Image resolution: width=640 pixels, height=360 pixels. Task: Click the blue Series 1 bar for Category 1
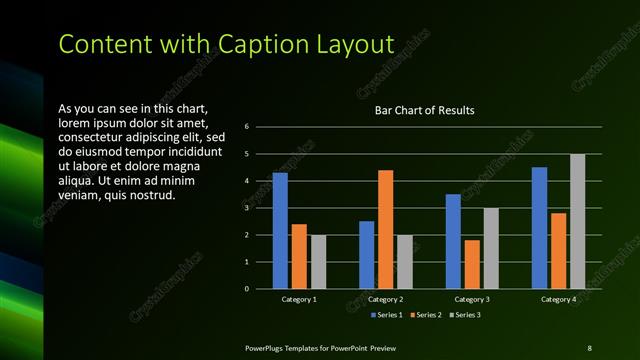coord(280,231)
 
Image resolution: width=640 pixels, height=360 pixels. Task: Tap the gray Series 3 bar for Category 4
coord(577,221)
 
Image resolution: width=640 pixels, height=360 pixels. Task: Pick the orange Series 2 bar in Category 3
coord(472,264)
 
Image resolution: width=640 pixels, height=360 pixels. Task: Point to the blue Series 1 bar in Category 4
coord(539,228)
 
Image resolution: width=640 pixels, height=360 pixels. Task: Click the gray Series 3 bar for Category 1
coord(318,262)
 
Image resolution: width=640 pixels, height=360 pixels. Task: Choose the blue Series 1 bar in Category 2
coord(366,255)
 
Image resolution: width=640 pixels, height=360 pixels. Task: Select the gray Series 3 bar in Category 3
coord(491,248)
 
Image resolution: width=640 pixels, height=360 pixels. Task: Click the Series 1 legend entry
coord(388,315)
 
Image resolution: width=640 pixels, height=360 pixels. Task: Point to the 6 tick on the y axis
coord(260,127)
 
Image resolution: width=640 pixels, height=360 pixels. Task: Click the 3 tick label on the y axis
coord(260,208)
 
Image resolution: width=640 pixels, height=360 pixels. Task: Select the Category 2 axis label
coord(386,299)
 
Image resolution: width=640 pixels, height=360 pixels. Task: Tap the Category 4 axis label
coord(558,299)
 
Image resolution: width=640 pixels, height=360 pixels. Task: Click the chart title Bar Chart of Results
coord(424,110)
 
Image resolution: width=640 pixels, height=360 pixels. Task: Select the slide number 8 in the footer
coord(589,347)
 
